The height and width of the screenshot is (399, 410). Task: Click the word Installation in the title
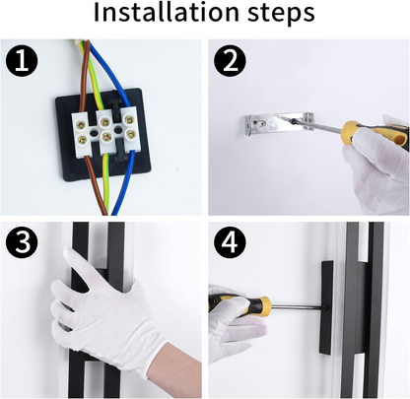[166, 13]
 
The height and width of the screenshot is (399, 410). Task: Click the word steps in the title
[281, 14]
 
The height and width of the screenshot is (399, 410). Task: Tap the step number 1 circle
[22, 61]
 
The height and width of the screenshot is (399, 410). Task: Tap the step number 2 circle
[230, 61]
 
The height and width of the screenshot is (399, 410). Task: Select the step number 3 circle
[22, 242]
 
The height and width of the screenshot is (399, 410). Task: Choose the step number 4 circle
[230, 242]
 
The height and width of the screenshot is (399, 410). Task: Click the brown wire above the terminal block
[84, 77]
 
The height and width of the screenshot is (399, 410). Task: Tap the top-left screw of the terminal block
[81, 124]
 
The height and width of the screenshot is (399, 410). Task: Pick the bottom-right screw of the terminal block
[130, 133]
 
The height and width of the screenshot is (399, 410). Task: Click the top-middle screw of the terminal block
[105, 123]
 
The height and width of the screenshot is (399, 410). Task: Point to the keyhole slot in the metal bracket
[259, 123]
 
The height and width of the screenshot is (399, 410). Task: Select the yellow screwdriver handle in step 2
[375, 133]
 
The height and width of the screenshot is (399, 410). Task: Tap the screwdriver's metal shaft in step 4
[296, 307]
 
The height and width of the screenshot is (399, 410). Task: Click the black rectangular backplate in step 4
[327, 307]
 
